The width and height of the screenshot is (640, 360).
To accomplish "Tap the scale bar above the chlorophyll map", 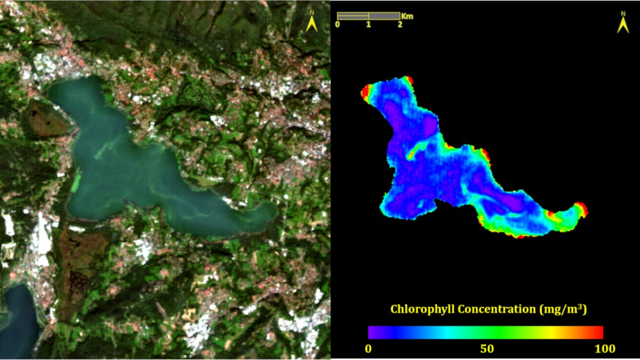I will (x=369, y=16).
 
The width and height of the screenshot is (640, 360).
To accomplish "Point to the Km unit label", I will (x=407, y=16).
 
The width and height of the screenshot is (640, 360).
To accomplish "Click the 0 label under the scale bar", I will (x=338, y=25).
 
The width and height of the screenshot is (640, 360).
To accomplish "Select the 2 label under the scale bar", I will (x=399, y=25).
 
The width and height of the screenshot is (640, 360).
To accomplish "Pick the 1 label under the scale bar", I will (x=369, y=25).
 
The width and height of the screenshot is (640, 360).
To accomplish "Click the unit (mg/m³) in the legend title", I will (x=564, y=309).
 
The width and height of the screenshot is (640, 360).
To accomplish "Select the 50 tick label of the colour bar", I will (x=486, y=349).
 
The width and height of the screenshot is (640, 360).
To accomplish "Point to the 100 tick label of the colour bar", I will (x=604, y=349).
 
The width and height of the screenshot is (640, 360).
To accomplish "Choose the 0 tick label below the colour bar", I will (x=369, y=349).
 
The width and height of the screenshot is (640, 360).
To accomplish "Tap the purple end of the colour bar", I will (x=372, y=332).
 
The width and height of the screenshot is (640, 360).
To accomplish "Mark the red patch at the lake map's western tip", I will (x=366, y=93).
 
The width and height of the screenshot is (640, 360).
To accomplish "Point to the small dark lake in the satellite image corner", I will (x=19, y=315).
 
